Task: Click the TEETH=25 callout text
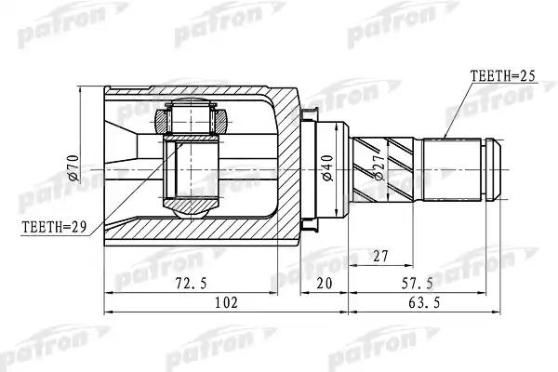tap(502, 76)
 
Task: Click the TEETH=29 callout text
tap(54, 226)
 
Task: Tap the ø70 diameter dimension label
tap(74, 168)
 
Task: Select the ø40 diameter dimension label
tap(327, 167)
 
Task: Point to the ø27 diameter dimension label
tap(379, 166)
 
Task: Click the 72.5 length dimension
tap(191, 284)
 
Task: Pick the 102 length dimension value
tap(226, 302)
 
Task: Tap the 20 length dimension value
tap(325, 284)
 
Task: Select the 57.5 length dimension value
tap(418, 284)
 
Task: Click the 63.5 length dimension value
tap(424, 303)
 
